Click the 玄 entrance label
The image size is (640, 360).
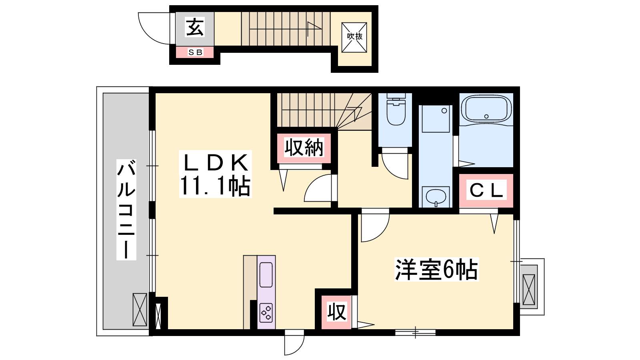pos(195,27)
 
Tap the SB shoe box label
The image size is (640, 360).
pos(196,52)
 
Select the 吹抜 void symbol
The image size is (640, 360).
pos(354,38)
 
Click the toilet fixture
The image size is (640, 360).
pos(396,111)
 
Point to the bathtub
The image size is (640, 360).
pos(486,109)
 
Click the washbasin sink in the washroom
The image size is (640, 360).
pos(436,196)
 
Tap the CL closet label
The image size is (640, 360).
pos(486,190)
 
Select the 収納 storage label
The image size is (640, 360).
pos(304,148)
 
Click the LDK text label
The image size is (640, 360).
pos(215,163)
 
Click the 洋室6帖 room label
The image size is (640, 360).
pos(436,270)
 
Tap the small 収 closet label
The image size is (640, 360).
pos(336,312)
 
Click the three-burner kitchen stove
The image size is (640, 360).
pos(266,313)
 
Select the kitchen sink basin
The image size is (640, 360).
pos(266,274)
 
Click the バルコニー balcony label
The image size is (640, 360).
pos(126,210)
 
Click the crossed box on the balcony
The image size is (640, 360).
pos(140,310)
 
